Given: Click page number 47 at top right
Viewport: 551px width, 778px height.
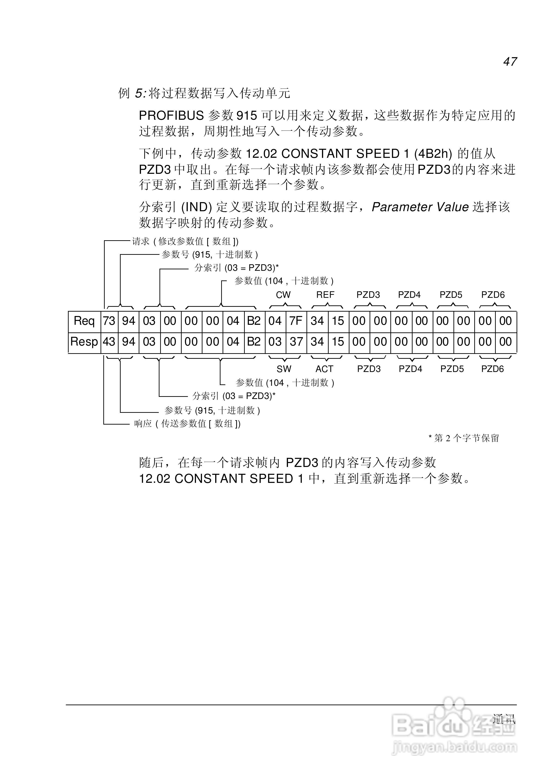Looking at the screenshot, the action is tap(510, 62).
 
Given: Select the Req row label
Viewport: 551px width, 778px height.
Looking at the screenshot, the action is tap(84, 321).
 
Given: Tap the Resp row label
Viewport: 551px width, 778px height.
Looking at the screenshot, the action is tap(84, 342).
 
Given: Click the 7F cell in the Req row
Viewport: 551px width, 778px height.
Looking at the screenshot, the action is tap(296, 321).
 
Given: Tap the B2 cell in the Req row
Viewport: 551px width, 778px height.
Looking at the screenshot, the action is tap(254, 321).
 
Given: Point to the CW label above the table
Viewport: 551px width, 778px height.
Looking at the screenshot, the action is tap(283, 295).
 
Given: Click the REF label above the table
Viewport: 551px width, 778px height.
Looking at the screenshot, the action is tap(325, 295).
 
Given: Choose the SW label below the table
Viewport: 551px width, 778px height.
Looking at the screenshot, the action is tap(284, 369).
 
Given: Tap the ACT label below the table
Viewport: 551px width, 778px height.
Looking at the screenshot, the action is tap(325, 369).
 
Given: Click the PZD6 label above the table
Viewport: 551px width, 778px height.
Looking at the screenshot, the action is tap(493, 295).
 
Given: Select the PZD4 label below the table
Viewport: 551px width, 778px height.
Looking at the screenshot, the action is tap(410, 369).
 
